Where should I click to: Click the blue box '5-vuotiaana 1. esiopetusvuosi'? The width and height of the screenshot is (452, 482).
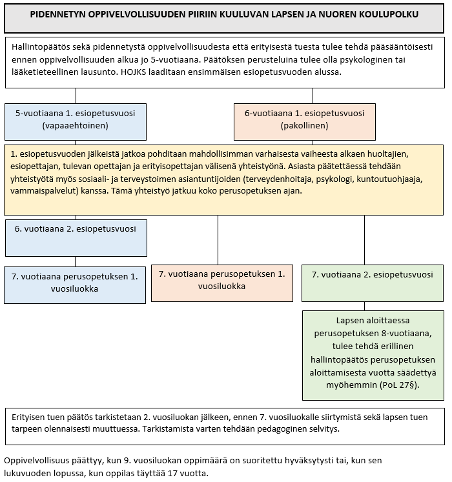click(75, 120)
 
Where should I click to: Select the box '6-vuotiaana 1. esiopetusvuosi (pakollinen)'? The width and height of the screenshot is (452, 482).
click(305, 120)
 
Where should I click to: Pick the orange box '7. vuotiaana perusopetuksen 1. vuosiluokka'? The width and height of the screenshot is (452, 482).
click(221, 279)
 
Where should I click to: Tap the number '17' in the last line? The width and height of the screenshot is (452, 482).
click(169, 473)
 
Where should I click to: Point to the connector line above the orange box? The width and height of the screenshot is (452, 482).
click(218, 239)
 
